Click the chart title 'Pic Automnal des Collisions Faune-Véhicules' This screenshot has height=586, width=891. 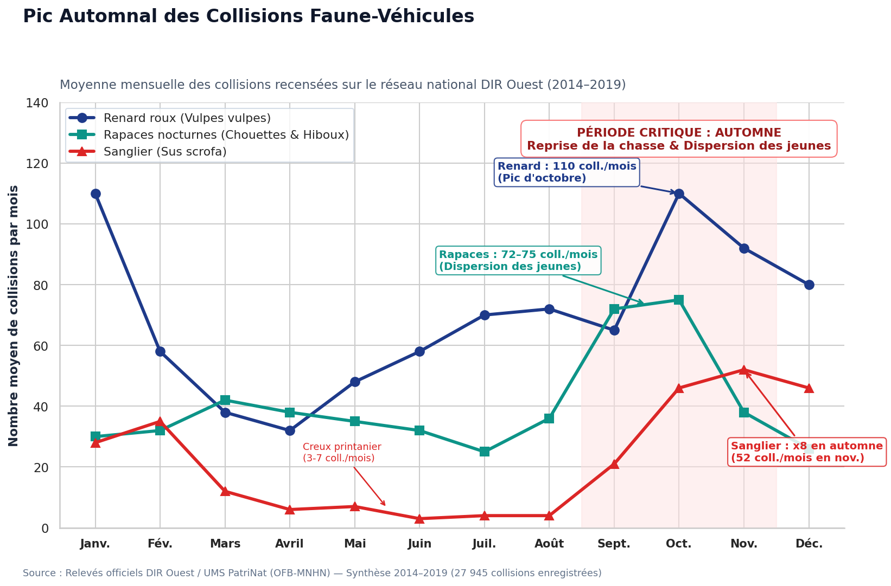pyautogui.click(x=249, y=17)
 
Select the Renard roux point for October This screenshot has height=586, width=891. pyautogui.click(x=679, y=194)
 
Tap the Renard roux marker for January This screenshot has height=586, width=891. pyautogui.click(x=96, y=194)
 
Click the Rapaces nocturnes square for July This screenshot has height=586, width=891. pyautogui.click(x=485, y=452)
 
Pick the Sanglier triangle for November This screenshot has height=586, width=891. pyautogui.click(x=744, y=370)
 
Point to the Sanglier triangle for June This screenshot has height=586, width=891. pyautogui.click(x=419, y=519)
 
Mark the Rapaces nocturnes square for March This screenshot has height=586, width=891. pyautogui.click(x=225, y=400)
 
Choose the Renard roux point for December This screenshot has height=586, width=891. pyautogui.click(x=809, y=285)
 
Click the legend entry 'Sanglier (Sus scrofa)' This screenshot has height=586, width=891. pyautogui.click(x=148, y=152)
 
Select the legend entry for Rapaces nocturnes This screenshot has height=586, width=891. pyautogui.click(x=209, y=135)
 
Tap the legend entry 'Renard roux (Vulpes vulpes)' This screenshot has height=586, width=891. pyautogui.click(x=170, y=118)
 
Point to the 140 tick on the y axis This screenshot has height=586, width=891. pyautogui.click(x=37, y=104)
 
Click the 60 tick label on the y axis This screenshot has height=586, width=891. pyautogui.click(x=41, y=346)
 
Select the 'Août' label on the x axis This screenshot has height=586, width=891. pyautogui.click(x=549, y=544)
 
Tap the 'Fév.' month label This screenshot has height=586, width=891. pyautogui.click(x=160, y=544)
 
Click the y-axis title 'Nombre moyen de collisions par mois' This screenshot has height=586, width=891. pyautogui.click(x=13, y=316)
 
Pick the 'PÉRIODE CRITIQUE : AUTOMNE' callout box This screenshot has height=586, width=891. pyautogui.click(x=679, y=139)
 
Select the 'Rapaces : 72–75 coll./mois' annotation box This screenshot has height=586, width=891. pyautogui.click(x=518, y=261)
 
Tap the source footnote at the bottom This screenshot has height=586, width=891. pyautogui.click(x=312, y=573)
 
